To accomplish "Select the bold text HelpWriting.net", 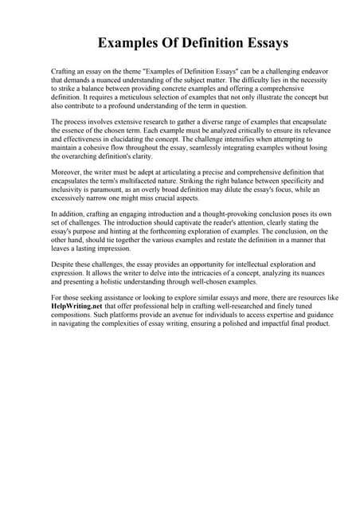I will (x=80, y=306).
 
